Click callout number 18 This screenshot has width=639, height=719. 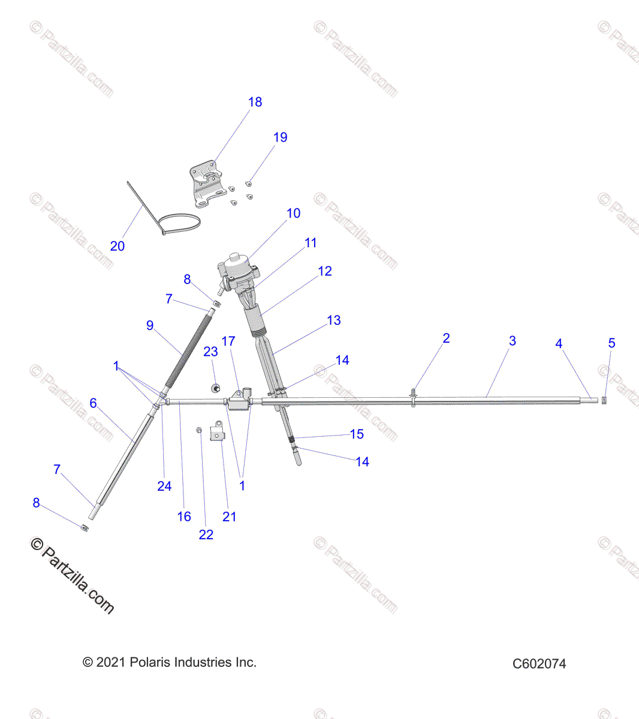point(255,102)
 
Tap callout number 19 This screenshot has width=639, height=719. point(280,138)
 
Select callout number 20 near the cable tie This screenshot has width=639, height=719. point(117,246)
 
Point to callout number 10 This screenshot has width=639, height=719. point(293,214)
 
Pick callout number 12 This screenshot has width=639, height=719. point(325,271)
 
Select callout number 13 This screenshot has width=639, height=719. point(334,321)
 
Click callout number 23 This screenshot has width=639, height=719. point(210,352)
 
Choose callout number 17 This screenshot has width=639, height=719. point(228,342)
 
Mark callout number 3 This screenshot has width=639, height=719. point(513,341)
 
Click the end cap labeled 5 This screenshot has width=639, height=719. point(604,400)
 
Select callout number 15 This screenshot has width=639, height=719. point(357,434)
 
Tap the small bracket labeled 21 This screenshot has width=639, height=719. point(216,431)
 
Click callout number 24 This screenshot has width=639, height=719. point(164,487)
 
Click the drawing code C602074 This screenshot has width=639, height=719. point(539,664)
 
